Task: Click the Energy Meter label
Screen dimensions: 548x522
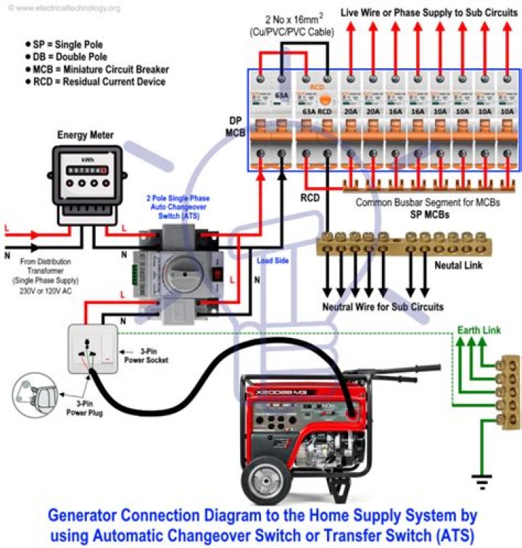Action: click(x=86, y=135)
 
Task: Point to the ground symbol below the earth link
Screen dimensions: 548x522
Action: click(x=479, y=478)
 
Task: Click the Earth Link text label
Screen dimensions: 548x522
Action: click(x=478, y=331)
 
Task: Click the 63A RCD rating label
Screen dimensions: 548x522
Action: click(x=316, y=112)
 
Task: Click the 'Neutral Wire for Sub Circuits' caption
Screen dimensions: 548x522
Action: click(x=382, y=307)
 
